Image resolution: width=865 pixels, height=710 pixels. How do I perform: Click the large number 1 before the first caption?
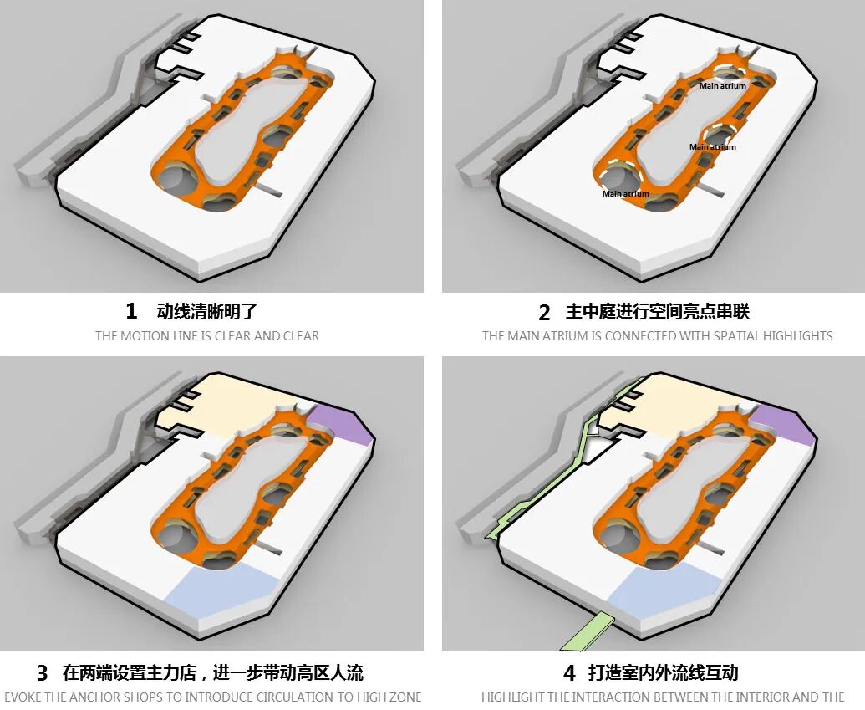click(130, 311)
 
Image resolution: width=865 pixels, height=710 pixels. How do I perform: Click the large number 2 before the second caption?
click(544, 313)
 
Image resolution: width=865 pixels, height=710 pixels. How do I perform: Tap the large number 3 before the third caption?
click(43, 673)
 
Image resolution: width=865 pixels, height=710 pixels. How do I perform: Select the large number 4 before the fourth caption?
click(569, 673)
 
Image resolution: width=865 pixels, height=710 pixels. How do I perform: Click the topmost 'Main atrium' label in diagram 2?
click(723, 86)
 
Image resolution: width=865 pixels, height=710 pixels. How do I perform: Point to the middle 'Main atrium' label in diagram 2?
click(713, 147)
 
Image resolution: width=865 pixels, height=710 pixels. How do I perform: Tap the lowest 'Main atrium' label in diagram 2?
click(626, 194)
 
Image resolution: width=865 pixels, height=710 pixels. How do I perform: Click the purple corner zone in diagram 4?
click(786, 422)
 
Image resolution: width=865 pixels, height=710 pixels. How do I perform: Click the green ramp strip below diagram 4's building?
click(588, 631)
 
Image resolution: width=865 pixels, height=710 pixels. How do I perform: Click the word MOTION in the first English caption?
click(144, 335)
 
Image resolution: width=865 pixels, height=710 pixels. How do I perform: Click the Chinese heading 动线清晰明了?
click(207, 311)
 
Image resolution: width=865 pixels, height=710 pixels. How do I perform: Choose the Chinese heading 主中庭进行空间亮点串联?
click(658, 312)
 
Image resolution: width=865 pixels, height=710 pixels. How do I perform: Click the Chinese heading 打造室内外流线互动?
click(663, 673)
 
